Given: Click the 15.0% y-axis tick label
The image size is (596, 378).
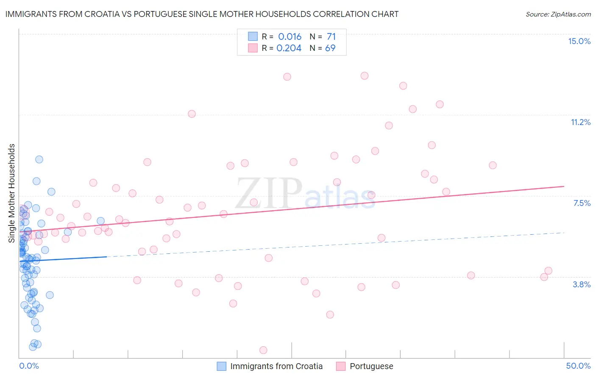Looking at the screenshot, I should point(579,41).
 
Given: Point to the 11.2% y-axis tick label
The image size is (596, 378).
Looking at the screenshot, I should point(580,122).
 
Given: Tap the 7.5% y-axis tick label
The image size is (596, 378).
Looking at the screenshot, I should point(582,203).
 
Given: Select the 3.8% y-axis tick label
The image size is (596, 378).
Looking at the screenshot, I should point(582,284).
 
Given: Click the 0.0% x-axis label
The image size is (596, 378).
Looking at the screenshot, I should point(29,366).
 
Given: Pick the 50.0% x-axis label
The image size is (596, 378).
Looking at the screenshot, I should point(578,366).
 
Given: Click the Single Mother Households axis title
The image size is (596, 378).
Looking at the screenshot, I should point(12,193).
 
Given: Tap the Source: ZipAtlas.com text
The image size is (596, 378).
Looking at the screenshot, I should point(558,14).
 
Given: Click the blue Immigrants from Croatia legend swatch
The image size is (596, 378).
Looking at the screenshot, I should point(221,366).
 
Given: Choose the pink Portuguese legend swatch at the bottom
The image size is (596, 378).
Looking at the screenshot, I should point(341,366).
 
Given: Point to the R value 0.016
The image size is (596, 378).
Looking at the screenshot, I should point(290,36).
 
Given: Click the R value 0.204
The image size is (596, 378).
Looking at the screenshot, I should point(289,48).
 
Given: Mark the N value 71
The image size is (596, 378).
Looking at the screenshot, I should point(331,36).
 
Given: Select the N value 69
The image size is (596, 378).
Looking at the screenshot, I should point(330,48).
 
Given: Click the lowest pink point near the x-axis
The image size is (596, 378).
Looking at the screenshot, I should point(263,350).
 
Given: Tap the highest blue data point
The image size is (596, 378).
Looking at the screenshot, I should point(39,159).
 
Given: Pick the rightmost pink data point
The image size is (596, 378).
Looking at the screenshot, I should point(548,271).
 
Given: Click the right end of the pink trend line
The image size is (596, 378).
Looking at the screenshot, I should point(564,186).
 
